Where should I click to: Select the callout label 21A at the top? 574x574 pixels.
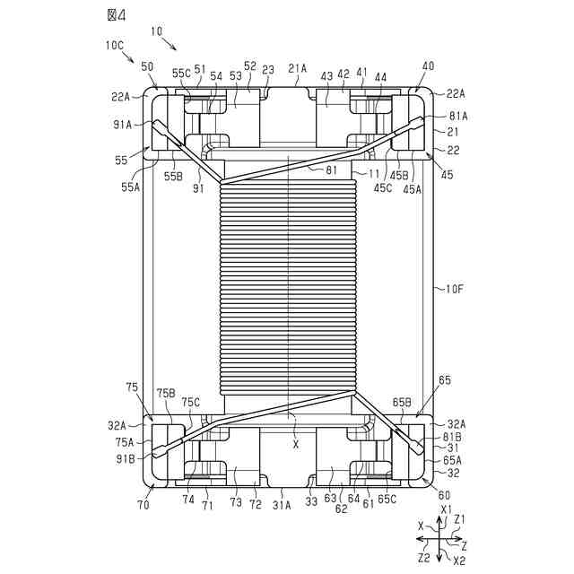(x=298, y=67)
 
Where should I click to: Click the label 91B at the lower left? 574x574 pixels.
(x=124, y=457)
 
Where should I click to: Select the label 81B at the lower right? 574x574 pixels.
(x=453, y=438)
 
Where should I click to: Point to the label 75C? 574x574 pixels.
(x=192, y=402)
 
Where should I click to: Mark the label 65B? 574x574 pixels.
(x=401, y=403)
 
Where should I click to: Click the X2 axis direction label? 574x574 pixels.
(x=458, y=561)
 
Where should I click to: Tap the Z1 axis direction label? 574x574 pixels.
(x=459, y=519)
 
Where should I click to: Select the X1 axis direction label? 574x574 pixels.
(x=446, y=509)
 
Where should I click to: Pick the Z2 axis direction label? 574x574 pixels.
(x=422, y=558)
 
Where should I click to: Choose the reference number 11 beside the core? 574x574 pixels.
(x=374, y=172)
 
